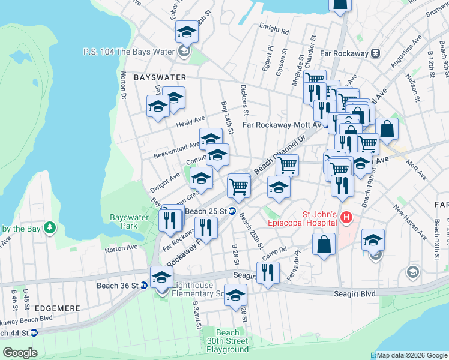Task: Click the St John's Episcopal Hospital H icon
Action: click(x=345, y=217)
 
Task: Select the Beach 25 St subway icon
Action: click(x=232, y=211)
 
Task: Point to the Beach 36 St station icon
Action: click(x=144, y=286)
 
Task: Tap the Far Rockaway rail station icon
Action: click(x=376, y=53)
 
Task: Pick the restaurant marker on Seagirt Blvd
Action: click(x=268, y=272)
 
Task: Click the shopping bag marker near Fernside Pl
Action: click(x=324, y=244)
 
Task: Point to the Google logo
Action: click(x=19, y=353)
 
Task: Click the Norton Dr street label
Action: click(x=124, y=85)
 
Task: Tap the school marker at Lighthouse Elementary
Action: click(x=161, y=277)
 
